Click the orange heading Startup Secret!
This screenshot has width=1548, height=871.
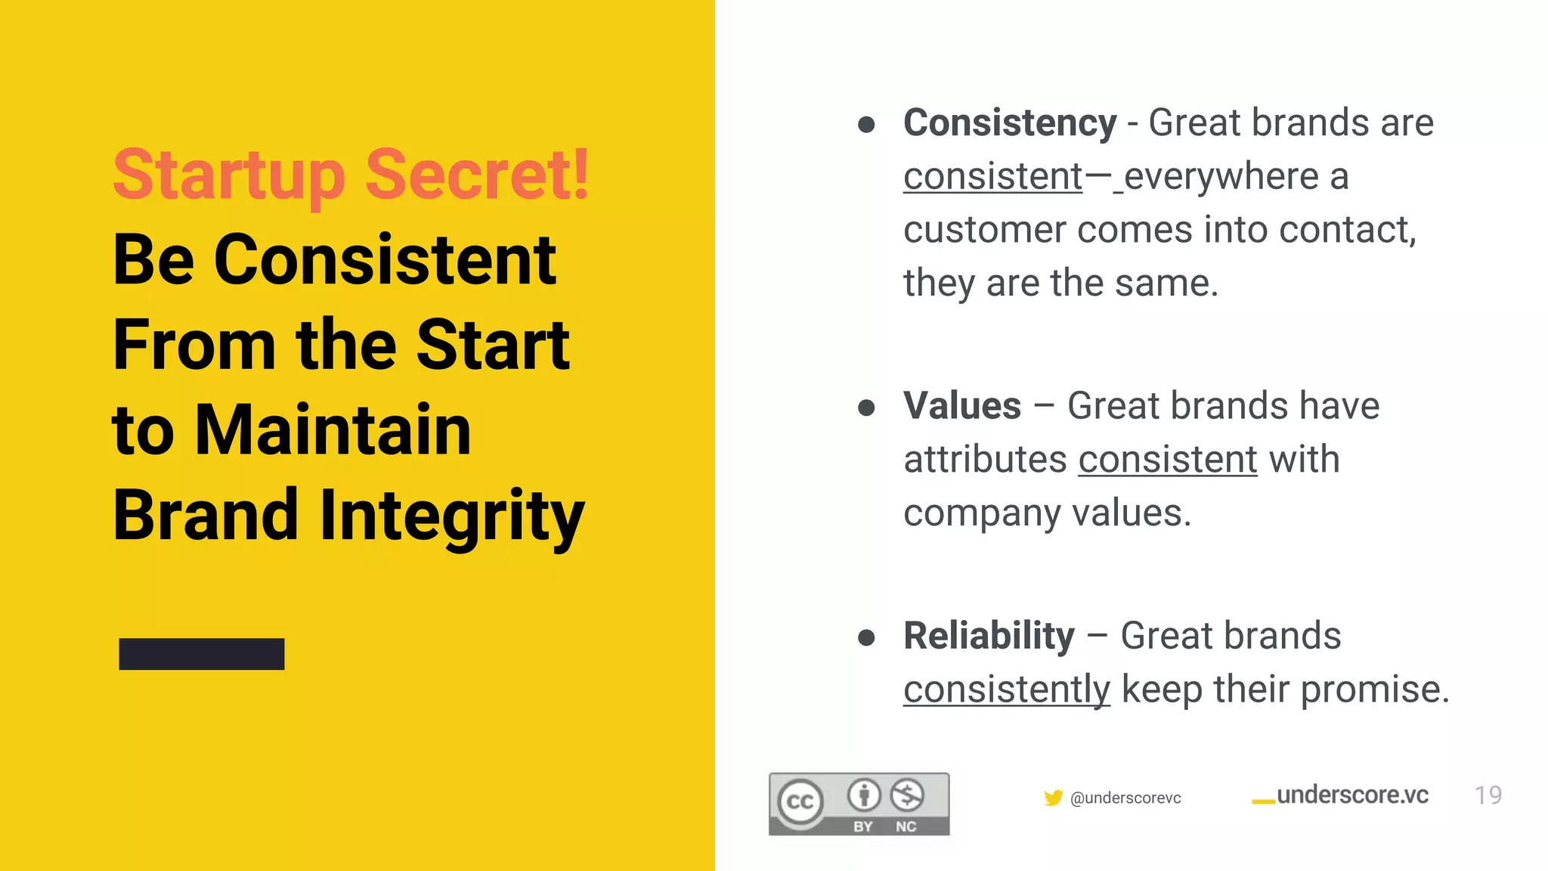pos(351,175)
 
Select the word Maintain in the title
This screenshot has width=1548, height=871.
pos(333,430)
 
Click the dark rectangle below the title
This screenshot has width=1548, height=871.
pos(202,654)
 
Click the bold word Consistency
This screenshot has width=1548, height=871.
pos(1010,123)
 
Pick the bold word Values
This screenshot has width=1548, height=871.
pos(962,406)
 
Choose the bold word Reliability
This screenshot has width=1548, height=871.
pos(989,636)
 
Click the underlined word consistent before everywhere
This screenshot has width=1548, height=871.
pos(993,177)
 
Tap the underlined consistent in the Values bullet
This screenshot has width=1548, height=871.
pos(1168,460)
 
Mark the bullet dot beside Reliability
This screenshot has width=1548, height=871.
pos(866,638)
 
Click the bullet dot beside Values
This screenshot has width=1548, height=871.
pos(866,408)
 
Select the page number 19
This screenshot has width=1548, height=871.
pos(1488,795)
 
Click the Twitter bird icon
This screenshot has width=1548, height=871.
pos(1053,798)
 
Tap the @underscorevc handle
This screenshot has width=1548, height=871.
pos(1125,798)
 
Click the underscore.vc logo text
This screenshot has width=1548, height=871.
pos(1352,795)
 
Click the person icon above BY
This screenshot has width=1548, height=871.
pos(864,795)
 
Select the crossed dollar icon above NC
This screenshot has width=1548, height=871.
pos(906,795)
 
